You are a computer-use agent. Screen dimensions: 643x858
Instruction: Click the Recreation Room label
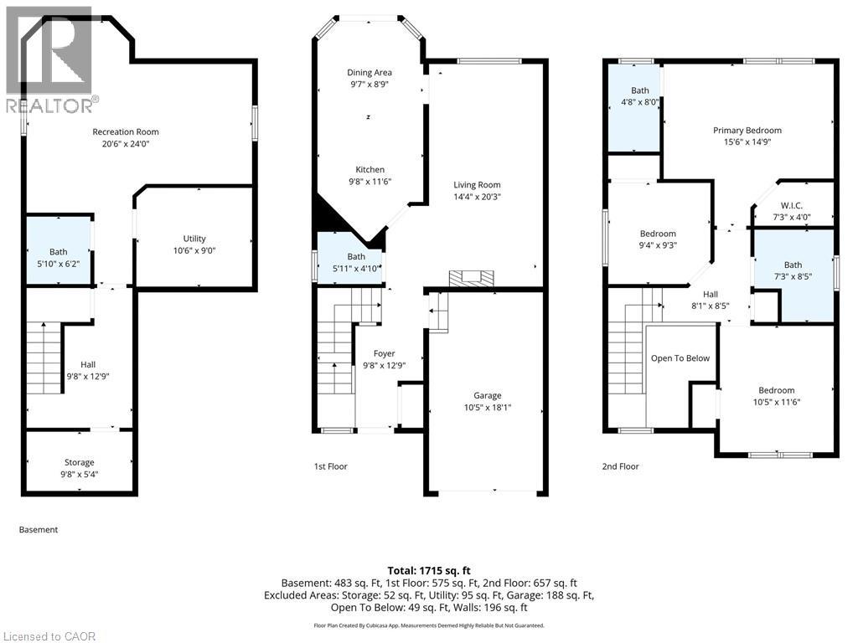126,131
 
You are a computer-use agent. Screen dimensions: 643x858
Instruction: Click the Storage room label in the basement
80,462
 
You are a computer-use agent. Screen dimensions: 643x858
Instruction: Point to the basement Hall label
88,364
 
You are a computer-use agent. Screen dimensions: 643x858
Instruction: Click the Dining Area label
370,73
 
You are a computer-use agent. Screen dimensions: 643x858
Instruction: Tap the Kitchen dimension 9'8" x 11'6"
370,181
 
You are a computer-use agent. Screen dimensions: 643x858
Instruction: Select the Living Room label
477,185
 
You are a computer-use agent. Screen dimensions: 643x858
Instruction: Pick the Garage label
487,395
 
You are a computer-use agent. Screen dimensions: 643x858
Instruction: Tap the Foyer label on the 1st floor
384,353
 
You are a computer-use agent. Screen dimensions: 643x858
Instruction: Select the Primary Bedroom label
747,130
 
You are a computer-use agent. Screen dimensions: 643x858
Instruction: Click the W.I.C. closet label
792,206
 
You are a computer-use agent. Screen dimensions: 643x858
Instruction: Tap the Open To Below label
680,358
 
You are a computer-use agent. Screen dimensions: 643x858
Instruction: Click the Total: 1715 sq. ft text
429,570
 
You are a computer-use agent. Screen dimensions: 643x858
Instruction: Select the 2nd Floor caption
622,466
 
